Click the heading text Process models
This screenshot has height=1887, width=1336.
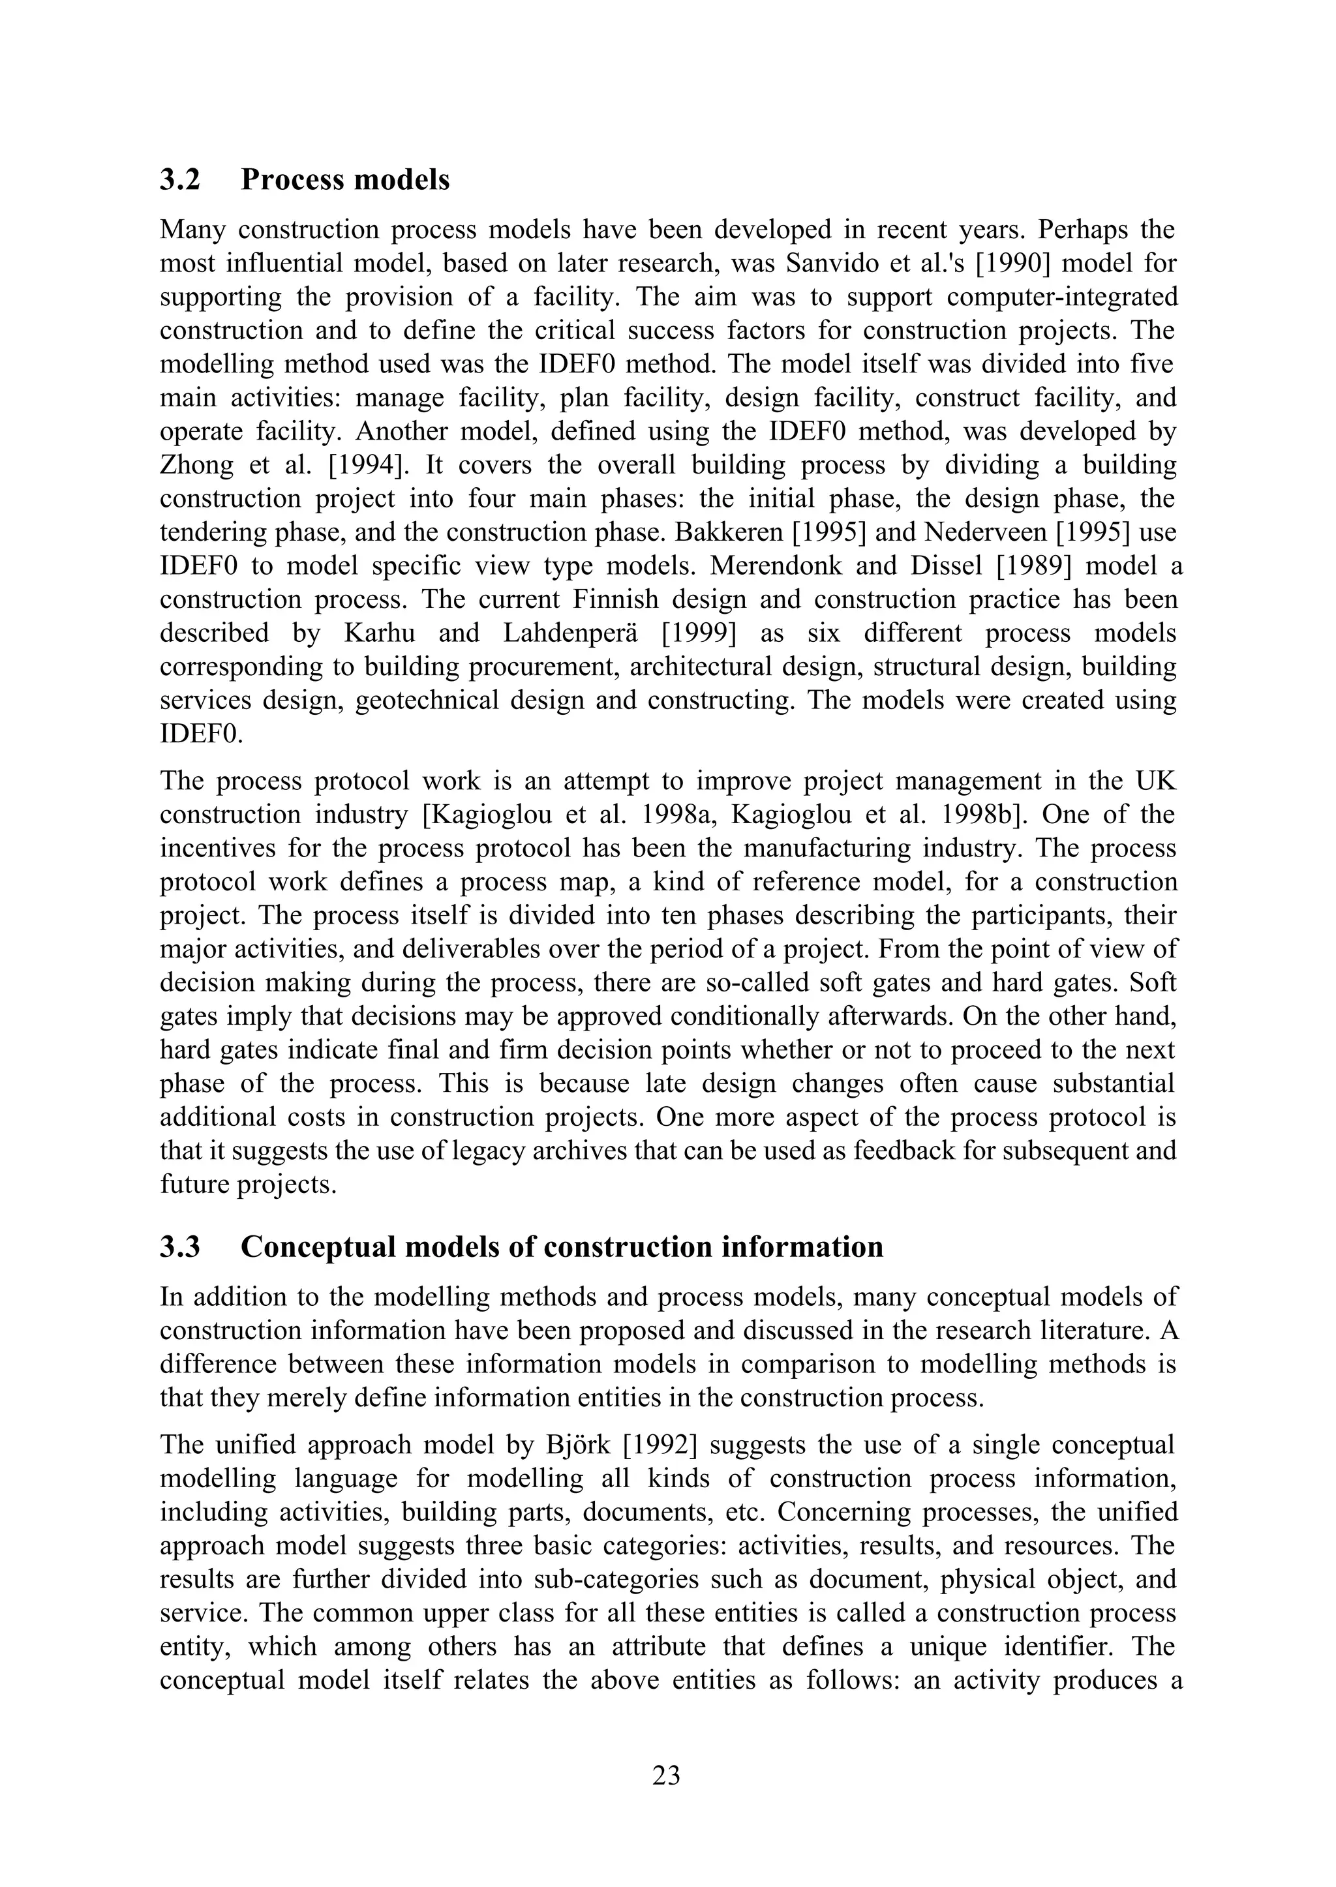[344, 179]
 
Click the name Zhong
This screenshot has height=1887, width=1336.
[196, 465]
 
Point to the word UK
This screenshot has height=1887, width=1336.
[1157, 781]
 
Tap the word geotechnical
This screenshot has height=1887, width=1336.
[425, 700]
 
